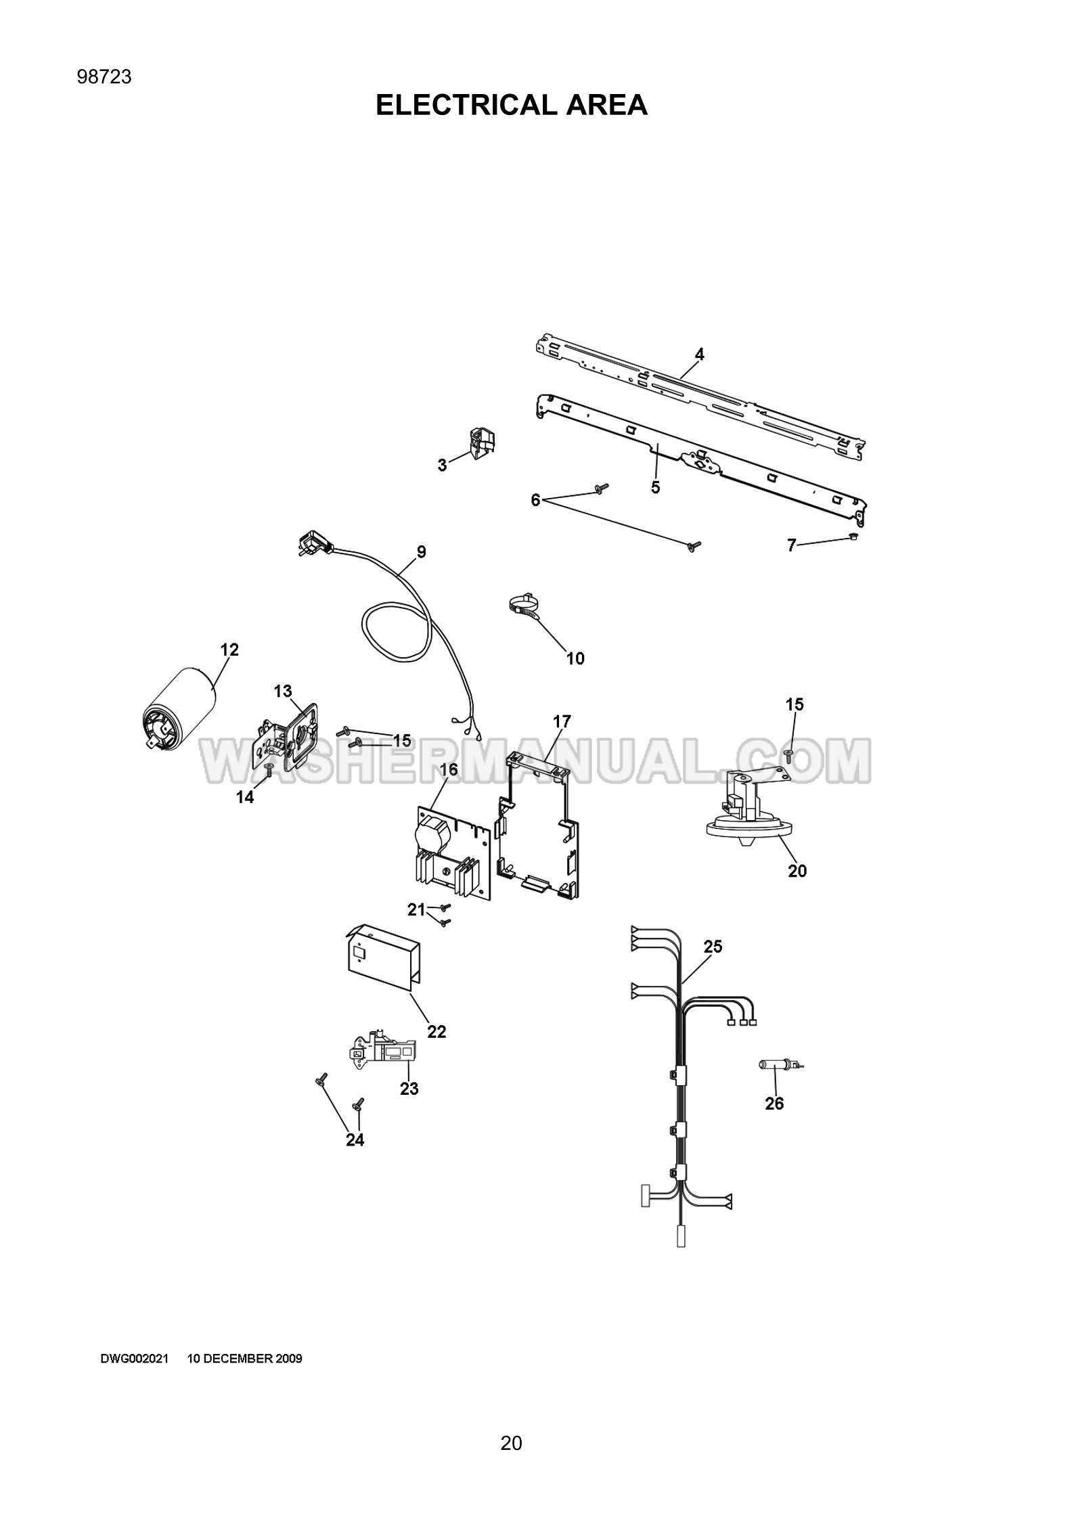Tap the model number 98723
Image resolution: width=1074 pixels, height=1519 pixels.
click(x=104, y=77)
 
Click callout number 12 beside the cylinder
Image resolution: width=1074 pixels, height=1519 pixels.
click(x=229, y=650)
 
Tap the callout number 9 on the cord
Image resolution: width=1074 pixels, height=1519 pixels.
click(x=421, y=552)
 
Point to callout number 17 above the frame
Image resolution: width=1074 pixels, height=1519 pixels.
click(x=562, y=722)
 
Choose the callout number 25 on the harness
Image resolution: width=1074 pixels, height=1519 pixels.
click(x=713, y=947)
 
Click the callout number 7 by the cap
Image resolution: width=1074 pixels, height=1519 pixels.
click(x=791, y=545)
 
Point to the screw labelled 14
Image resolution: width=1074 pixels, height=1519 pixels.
click(x=269, y=769)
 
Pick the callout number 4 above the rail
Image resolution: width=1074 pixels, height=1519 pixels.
click(x=700, y=354)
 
